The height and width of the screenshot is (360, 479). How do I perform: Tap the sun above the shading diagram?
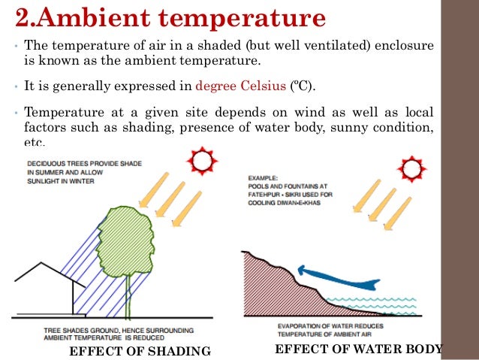pyautogui.click(x=202, y=162)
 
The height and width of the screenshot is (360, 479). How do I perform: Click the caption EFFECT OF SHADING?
pyautogui.click(x=140, y=351)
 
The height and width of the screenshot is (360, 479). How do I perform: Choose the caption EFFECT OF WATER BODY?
pyautogui.click(x=360, y=349)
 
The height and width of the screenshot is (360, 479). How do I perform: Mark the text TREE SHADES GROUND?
pyautogui.click(x=64, y=330)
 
